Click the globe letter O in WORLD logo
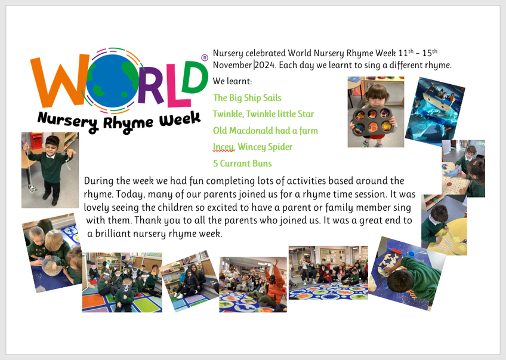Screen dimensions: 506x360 [112, 81]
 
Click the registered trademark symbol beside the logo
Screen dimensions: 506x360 [205, 58]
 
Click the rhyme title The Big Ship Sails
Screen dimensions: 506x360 [247, 98]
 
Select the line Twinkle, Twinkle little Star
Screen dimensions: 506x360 [263, 114]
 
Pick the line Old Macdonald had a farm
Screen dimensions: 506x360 [266, 130]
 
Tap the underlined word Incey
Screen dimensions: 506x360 [223, 147]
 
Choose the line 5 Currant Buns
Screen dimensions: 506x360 [242, 164]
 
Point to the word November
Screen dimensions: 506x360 [232, 65]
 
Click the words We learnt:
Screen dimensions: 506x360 [232, 81]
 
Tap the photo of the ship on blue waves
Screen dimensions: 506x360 [435, 110]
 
